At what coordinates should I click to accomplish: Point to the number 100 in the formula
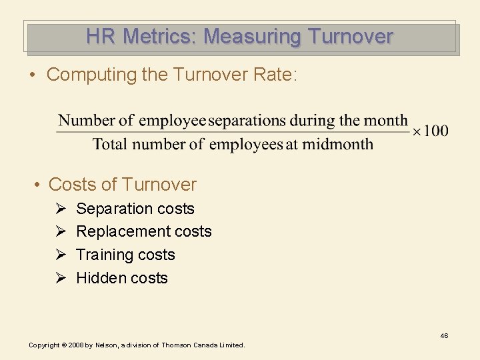(x=436, y=131)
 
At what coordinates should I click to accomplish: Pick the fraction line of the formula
(x=233, y=132)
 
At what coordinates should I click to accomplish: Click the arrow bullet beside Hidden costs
(x=59, y=278)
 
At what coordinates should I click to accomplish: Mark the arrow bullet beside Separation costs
(x=59, y=209)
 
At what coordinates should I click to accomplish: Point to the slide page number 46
(x=444, y=335)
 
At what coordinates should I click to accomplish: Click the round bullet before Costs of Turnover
(x=39, y=185)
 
